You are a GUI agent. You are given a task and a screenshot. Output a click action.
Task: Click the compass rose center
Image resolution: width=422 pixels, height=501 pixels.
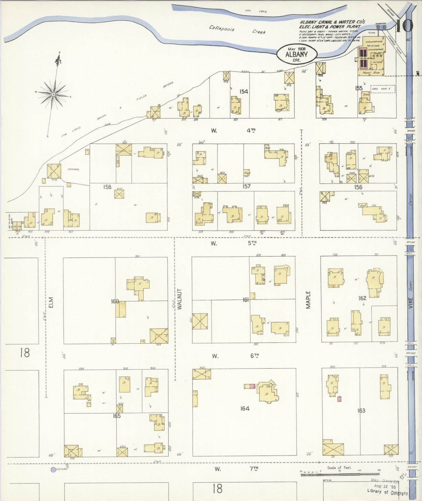(53, 94)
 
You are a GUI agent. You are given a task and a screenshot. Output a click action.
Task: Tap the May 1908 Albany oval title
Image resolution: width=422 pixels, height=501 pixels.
(296, 54)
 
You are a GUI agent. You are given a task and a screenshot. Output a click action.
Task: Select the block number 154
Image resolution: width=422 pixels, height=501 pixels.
(244, 92)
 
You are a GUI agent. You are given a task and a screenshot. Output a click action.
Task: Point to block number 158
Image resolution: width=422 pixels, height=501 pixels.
(107, 187)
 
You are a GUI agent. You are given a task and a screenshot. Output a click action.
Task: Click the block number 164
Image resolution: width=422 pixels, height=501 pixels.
(245, 408)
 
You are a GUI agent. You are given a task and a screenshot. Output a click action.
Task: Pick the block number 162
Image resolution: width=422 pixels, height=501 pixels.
(362, 298)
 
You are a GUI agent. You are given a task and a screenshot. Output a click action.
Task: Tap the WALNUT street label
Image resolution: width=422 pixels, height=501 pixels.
(179, 299)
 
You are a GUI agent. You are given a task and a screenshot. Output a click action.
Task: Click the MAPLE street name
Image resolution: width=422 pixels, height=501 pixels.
(308, 300)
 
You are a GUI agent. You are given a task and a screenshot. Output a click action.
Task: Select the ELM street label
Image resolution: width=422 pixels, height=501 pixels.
(51, 302)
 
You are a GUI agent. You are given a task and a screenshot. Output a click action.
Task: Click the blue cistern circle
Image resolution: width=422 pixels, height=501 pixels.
(53, 470)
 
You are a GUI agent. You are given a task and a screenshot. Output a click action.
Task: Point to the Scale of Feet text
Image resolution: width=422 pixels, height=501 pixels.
(339, 468)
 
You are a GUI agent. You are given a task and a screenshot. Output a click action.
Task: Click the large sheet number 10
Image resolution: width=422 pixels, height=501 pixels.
(404, 26)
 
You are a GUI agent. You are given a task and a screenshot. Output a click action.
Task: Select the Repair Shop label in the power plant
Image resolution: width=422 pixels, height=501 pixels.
(371, 73)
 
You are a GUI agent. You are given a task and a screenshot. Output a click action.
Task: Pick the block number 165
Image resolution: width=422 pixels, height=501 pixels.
(117, 416)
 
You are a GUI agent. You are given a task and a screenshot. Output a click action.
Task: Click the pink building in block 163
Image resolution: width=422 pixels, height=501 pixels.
(339, 399)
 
